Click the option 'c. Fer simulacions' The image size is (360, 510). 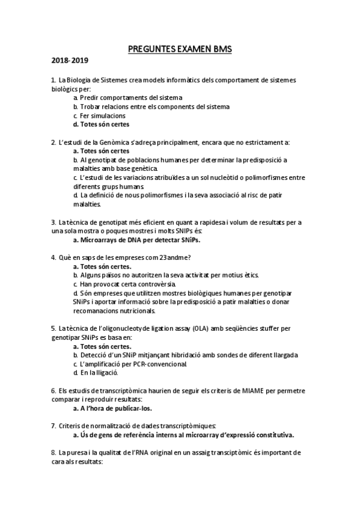click(99, 115)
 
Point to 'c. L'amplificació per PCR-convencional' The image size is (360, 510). click(130, 364)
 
